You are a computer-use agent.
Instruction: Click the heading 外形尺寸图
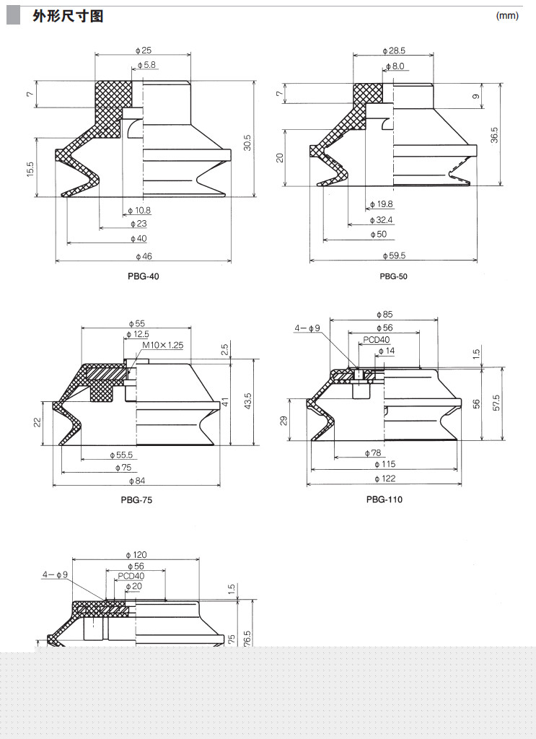[68, 16]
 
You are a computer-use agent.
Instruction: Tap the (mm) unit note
[507, 16]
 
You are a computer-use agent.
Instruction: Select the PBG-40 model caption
[143, 276]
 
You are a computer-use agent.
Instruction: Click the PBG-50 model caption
[393, 276]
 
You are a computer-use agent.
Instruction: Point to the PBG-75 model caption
[136, 499]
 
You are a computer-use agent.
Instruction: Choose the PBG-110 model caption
[385, 499]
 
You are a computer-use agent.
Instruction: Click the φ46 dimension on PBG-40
[143, 256]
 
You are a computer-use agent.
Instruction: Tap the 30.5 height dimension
[247, 143]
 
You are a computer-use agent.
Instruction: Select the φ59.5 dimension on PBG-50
[394, 255]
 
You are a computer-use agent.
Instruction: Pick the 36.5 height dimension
[493, 135]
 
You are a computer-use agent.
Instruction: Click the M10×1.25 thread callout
[163, 345]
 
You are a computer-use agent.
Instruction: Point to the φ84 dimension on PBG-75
[137, 481]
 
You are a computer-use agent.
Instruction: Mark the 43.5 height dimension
[248, 401]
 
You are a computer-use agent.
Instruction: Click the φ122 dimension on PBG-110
[385, 478]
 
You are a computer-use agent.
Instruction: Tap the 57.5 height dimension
[496, 403]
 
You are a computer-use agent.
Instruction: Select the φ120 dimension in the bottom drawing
[136, 555]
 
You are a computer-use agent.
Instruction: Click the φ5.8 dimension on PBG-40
[146, 65]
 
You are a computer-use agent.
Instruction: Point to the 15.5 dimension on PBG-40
[30, 170]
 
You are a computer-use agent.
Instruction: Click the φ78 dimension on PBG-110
[372, 453]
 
